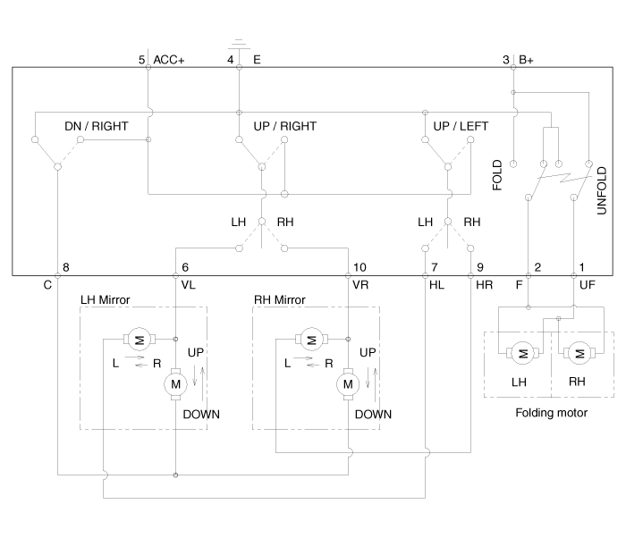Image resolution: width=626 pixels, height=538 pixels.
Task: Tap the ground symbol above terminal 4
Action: pos(239,43)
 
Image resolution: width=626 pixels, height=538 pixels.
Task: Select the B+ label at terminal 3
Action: pos(524,60)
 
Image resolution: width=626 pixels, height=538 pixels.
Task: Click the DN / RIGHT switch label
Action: pos(96,126)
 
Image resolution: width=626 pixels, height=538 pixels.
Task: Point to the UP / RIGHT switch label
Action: pos(280,126)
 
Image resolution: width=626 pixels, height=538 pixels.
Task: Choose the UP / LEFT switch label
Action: pos(461,126)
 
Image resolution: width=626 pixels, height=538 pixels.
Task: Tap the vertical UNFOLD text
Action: pos(602,184)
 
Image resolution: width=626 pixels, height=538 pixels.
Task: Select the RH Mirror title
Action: pos(281,298)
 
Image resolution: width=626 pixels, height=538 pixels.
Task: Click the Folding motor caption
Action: pos(552,412)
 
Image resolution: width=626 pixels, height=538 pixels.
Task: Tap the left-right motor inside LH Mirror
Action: pos(138,338)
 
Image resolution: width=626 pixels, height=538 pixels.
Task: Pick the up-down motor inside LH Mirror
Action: pos(175,384)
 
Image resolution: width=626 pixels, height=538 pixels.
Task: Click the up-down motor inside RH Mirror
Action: pos(347,384)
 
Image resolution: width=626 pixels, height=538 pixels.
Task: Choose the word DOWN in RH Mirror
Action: pos(373,415)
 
